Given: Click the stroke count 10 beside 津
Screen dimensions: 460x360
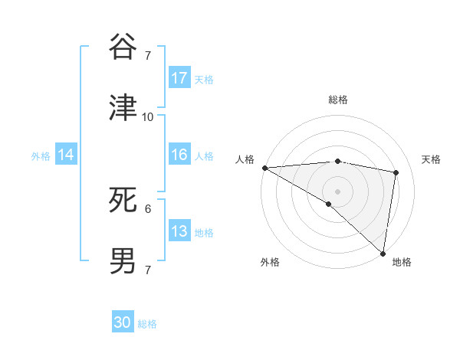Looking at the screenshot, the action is pos(148,117).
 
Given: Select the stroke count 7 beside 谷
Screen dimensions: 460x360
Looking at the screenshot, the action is pos(148,56).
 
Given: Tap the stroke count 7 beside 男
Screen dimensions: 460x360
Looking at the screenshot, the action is pos(148,270).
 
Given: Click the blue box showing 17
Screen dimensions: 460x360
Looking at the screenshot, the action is pos(179,78).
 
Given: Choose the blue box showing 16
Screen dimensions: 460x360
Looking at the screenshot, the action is pos(179,155).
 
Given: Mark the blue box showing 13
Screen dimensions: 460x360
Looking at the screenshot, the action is pos(179,231).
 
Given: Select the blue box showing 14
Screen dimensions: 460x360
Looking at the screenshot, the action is pos(66,155).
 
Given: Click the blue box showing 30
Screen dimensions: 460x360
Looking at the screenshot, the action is pos(123,322).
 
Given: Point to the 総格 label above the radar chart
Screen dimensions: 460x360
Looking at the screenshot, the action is pos(338,100).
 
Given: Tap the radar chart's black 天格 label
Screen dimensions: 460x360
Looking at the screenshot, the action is pos(431,159).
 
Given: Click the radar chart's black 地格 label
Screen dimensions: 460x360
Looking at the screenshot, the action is pos(402,262).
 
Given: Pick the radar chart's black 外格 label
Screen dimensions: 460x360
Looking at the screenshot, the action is pos(270,262).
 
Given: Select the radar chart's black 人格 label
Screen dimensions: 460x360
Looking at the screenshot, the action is pos(245,159).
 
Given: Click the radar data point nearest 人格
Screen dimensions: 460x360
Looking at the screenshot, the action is pos(264,168).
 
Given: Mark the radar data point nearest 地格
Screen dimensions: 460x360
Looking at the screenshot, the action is pos(383,254).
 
